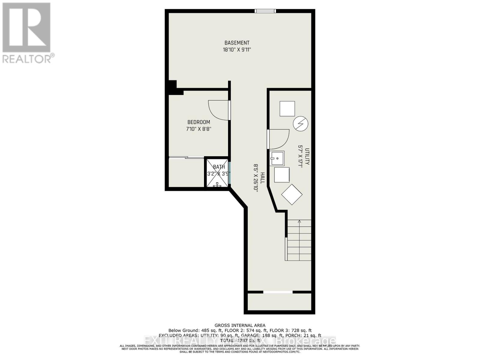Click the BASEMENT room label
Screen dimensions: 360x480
tap(237, 43)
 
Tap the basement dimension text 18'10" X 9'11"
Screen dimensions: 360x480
tap(237, 50)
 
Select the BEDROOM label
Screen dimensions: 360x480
tap(199, 122)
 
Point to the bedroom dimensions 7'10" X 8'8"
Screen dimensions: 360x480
tap(199, 129)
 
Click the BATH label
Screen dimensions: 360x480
tap(219, 167)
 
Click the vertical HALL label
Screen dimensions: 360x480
tap(262, 178)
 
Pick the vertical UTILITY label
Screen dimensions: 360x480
tap(307, 156)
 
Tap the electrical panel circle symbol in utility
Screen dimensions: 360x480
tap(301, 124)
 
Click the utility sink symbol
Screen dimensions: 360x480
tap(277, 158)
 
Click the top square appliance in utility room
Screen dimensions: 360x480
tap(287, 109)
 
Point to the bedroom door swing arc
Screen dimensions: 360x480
tap(217, 110)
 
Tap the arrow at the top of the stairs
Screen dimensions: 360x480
tap(299, 222)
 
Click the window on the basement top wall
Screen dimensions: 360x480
tap(265, 11)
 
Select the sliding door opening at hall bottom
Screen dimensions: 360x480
tap(278, 292)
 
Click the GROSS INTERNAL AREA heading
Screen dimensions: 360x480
tap(240, 325)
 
